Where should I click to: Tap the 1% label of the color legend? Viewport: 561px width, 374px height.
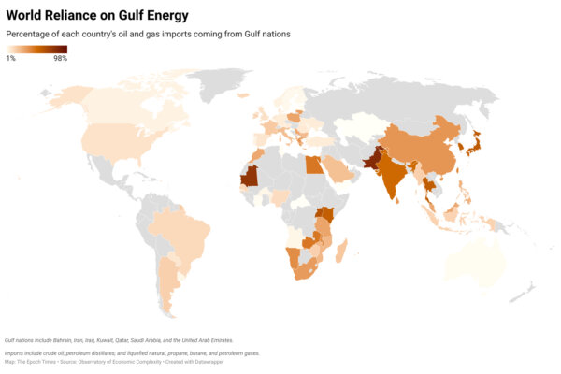(x=11, y=59)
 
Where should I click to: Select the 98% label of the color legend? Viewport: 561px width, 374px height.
(x=60, y=59)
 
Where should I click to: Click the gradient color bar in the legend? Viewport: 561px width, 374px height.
(x=36, y=50)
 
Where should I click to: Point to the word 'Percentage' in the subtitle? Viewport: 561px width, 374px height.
(x=27, y=35)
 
